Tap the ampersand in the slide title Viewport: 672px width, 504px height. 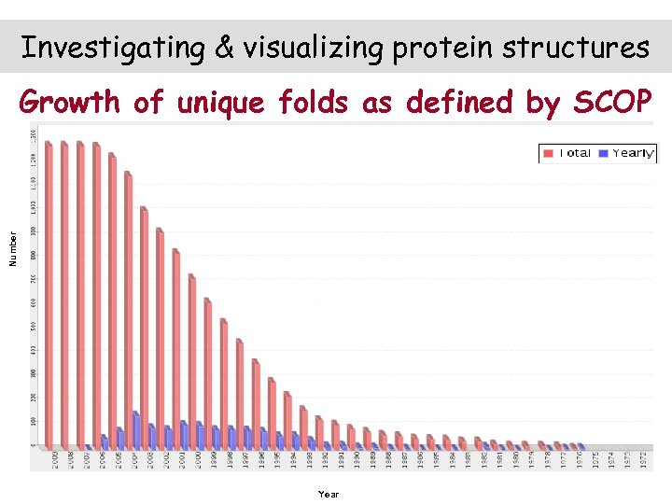tap(225, 48)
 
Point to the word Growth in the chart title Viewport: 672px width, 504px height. tap(71, 102)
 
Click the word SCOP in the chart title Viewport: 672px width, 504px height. tap(611, 102)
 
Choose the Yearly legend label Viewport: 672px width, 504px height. tap(634, 153)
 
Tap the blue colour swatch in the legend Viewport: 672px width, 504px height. tap(605, 153)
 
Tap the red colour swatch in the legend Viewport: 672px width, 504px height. tap(549, 153)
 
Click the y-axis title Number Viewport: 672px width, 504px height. tap(13, 250)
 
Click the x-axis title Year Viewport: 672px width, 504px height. tap(329, 494)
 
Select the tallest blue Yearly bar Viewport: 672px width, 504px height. tap(136, 429)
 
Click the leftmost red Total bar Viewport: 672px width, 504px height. tap(49, 294)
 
